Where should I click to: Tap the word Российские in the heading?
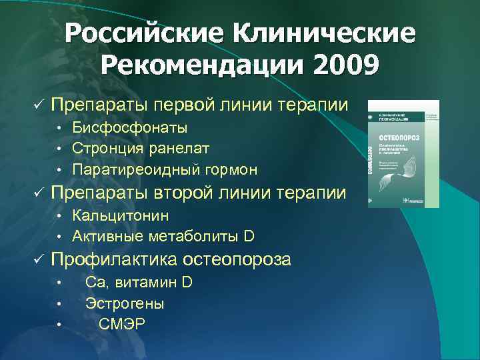pyautogui.click(x=143, y=33)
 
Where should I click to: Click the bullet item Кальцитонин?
pyautogui.click(x=121, y=215)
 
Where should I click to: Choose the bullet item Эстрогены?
pyautogui.click(x=125, y=303)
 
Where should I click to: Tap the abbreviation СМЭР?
pyautogui.click(x=121, y=325)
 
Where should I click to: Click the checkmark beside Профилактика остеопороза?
pyautogui.click(x=38, y=259)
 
